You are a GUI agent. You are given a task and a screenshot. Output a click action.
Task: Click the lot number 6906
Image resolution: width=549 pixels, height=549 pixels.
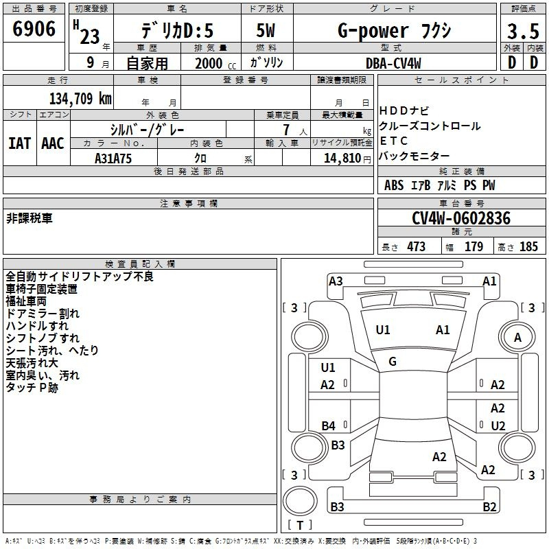coord(34,29)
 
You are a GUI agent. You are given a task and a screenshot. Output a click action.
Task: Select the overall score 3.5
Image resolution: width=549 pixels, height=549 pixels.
coord(523,31)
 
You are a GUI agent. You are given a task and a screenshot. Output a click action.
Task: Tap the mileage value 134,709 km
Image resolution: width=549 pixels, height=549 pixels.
coord(80,99)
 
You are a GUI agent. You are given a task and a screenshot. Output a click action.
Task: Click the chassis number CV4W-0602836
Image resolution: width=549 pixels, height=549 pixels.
coord(461,218)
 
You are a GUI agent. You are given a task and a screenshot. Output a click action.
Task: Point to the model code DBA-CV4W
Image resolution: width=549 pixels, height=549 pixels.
coord(393,63)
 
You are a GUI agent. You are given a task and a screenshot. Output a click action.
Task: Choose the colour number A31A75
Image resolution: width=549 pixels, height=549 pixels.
coord(113,159)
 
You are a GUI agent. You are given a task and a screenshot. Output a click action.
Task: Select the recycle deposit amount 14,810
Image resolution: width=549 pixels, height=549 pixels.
coord(342,159)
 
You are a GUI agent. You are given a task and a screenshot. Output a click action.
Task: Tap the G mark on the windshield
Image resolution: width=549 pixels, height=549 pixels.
coord(393,362)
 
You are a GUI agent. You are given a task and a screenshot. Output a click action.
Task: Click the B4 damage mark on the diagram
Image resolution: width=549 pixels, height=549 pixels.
coord(328,425)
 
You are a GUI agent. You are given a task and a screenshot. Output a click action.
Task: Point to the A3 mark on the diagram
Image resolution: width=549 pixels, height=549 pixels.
coord(336,281)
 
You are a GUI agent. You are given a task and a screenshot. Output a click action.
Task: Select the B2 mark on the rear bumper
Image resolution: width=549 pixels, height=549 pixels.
coord(489,506)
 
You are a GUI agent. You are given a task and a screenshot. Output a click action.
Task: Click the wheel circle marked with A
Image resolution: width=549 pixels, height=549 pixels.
coord(517,337)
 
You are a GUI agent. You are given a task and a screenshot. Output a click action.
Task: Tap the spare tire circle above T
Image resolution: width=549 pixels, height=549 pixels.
coord(300,501)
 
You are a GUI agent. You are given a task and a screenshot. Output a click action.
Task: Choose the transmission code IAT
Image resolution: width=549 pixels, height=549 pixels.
coord(19,143)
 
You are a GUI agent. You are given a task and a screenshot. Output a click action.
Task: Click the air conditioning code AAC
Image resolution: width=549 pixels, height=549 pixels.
coord(53,143)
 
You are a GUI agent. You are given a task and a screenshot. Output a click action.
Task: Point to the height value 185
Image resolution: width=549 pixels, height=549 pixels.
coord(528,246)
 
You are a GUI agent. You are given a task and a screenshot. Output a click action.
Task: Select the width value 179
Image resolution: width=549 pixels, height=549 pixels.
coord(474,246)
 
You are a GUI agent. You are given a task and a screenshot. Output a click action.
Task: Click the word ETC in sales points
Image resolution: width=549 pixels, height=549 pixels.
coord(393,141)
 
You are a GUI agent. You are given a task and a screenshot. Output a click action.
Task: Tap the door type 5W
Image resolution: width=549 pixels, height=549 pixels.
coord(266,30)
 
